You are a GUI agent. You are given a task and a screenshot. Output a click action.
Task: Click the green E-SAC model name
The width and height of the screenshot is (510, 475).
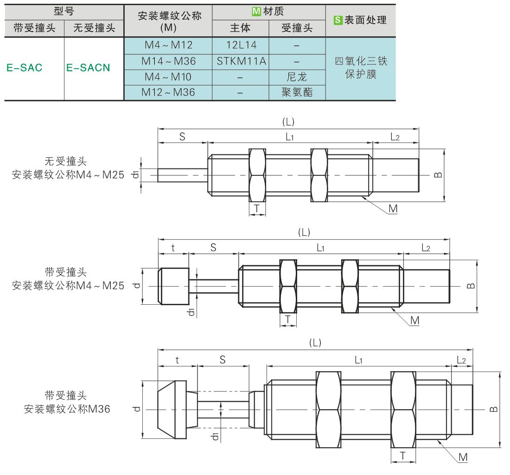[25, 68]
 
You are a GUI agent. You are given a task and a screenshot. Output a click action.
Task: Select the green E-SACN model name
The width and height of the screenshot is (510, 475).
[88, 68]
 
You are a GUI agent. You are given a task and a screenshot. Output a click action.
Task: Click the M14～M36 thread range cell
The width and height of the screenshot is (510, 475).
[168, 61]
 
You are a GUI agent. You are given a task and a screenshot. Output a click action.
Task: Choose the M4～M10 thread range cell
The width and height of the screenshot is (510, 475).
[168, 77]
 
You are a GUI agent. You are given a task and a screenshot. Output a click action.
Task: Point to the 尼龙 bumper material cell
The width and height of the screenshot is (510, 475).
[297, 77]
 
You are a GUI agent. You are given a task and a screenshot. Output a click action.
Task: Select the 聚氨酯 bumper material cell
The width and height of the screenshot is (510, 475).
[297, 92]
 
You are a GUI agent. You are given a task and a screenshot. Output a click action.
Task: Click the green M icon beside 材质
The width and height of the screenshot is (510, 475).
[256, 12]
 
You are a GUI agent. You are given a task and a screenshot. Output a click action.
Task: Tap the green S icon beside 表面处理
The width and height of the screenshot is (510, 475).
[338, 20]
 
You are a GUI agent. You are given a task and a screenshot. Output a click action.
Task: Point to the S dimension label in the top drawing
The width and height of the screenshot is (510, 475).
[182, 137]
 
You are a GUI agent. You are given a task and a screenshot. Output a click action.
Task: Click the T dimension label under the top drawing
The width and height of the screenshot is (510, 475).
[257, 209]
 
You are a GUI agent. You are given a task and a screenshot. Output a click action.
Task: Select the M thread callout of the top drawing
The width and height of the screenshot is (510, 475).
[393, 209]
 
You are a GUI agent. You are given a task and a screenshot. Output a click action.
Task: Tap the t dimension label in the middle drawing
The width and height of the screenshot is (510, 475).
[173, 248]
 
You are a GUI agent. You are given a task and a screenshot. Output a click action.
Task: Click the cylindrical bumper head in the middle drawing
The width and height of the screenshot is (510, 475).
[174, 286]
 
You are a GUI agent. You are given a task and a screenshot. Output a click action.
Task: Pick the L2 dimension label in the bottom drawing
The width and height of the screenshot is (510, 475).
[461, 360]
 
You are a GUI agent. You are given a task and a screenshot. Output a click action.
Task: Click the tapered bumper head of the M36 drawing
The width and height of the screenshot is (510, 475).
[172, 410]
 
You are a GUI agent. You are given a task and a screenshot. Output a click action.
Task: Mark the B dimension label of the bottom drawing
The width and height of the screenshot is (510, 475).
[494, 409]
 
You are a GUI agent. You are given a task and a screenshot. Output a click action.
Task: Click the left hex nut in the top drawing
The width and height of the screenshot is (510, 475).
[257, 175]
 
